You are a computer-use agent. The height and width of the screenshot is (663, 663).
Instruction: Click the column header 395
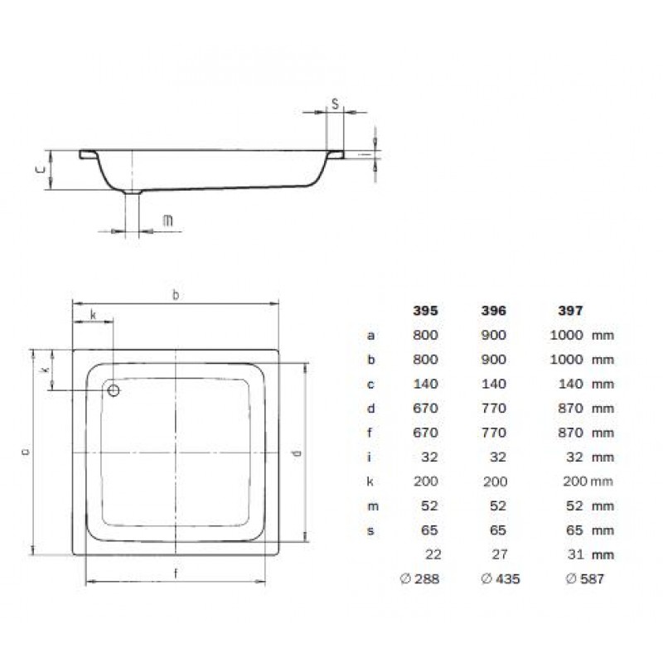pyautogui.click(x=425, y=311)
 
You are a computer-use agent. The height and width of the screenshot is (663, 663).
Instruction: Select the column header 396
pyautogui.click(x=493, y=311)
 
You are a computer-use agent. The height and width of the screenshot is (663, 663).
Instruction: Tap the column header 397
pyautogui.click(x=570, y=311)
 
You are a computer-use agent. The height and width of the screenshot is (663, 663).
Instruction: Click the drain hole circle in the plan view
pyautogui.click(x=114, y=390)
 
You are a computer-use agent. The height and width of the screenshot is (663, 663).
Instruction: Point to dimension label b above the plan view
pyautogui.click(x=176, y=295)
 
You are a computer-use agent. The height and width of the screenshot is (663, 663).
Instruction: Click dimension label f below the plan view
pyautogui.click(x=176, y=573)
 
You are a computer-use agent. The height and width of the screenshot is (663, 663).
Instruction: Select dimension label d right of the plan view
pyautogui.click(x=298, y=452)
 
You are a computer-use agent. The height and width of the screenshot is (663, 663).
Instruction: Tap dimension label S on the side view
pyautogui.click(x=336, y=104)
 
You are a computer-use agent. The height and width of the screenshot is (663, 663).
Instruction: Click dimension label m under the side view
pyautogui.click(x=168, y=220)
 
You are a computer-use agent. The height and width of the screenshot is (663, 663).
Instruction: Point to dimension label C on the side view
pyautogui.click(x=40, y=170)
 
